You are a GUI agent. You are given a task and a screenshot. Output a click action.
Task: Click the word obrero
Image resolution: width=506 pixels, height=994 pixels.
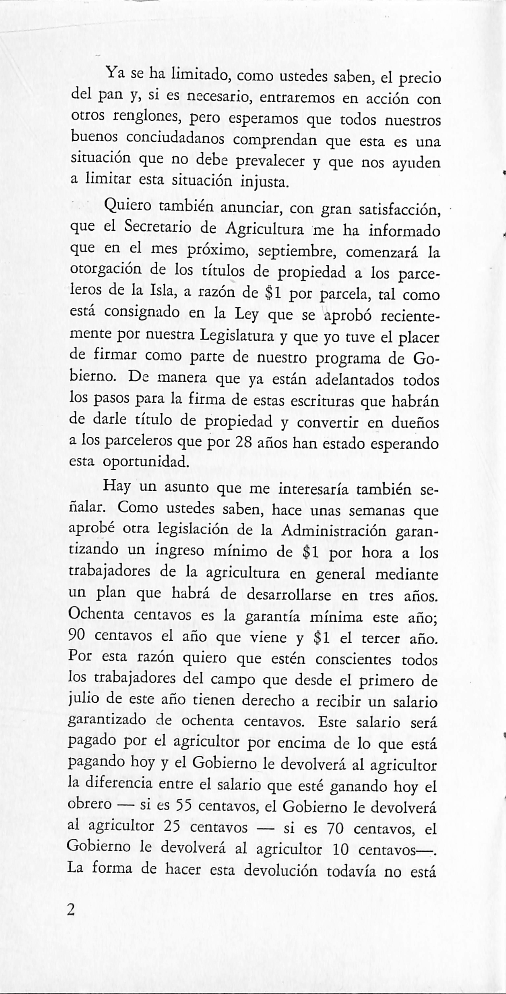tap(90, 805)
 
